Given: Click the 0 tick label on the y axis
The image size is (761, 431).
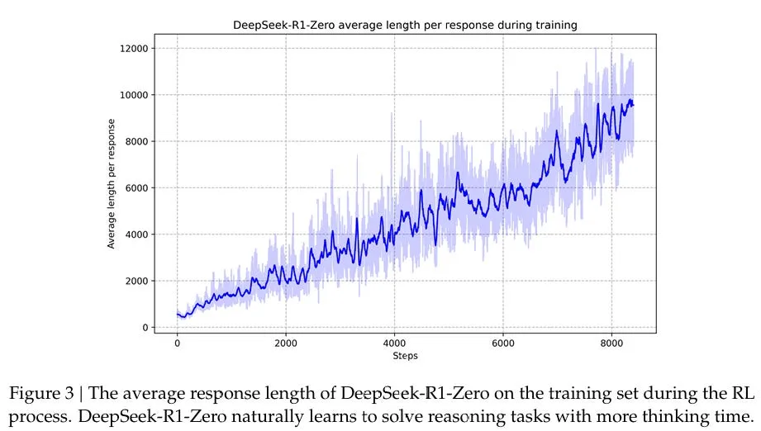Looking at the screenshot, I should pyautogui.click(x=144, y=328).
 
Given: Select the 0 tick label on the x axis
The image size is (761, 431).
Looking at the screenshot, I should pyautogui.click(x=177, y=343).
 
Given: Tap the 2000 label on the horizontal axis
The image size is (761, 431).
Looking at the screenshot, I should pyautogui.click(x=286, y=343).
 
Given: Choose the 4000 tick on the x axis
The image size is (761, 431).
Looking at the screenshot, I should pyautogui.click(x=394, y=343).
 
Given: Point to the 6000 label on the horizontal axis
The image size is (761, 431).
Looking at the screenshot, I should pyautogui.click(x=503, y=343).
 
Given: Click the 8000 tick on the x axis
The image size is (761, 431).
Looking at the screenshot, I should pyautogui.click(x=611, y=343).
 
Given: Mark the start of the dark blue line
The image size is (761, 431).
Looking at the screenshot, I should pyautogui.click(x=178, y=314).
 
